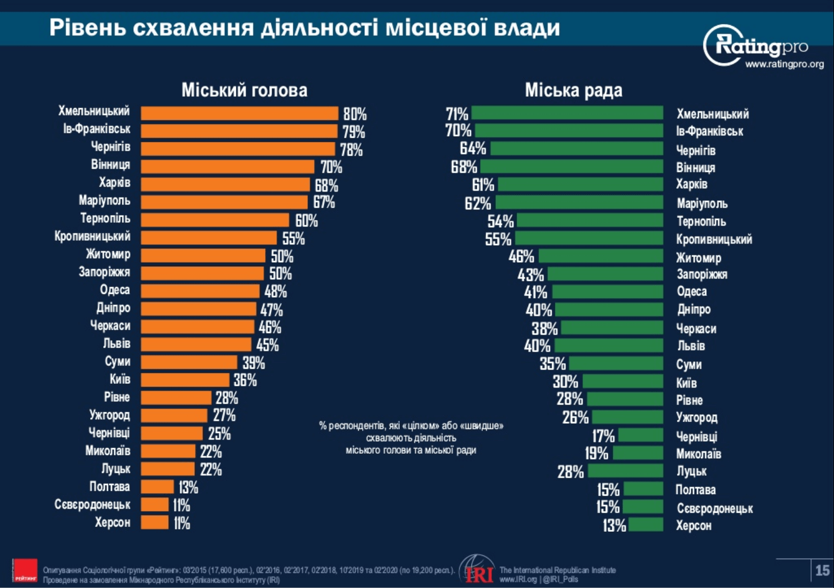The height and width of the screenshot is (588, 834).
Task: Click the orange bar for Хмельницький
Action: [x=239, y=113]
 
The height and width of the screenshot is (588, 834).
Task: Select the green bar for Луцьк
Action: [x=625, y=470]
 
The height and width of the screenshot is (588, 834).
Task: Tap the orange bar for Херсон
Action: [x=155, y=522]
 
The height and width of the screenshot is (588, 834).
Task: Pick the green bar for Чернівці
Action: [x=641, y=435]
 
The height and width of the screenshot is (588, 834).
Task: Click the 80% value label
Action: [x=355, y=114]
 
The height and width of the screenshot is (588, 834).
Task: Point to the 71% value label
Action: [x=457, y=114]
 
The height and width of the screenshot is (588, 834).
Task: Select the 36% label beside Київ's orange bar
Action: [x=245, y=381]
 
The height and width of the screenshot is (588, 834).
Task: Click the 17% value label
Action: [x=604, y=436]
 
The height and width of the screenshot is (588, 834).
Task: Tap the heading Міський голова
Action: [x=244, y=90]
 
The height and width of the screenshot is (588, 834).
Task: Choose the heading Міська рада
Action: [x=573, y=90]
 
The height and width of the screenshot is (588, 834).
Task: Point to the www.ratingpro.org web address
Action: [x=784, y=64]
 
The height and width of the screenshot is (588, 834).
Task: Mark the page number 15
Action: [x=822, y=571]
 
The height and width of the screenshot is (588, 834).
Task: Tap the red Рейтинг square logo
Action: [x=25, y=571]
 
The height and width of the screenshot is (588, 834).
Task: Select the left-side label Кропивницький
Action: [x=92, y=236]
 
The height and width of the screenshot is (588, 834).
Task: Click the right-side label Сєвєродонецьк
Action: [x=714, y=509]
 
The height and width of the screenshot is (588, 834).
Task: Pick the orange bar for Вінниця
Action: [x=227, y=166]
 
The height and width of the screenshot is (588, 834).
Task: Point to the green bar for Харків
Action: [x=580, y=184]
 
